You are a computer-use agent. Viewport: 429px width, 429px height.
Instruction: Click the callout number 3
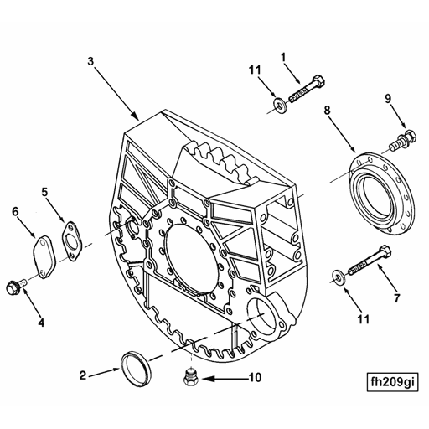[90, 61]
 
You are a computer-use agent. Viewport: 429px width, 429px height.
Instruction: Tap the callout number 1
[283, 57]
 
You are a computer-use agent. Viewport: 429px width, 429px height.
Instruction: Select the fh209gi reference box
[392, 382]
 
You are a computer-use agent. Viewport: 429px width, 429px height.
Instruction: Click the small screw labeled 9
[404, 141]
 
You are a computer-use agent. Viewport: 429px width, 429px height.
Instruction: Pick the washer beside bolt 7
[339, 277]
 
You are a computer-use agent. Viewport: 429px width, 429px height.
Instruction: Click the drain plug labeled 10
[191, 377]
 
